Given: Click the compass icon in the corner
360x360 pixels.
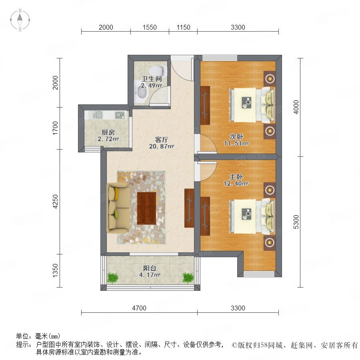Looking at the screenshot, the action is (x=20, y=20).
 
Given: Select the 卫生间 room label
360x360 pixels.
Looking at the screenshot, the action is (x=152, y=79).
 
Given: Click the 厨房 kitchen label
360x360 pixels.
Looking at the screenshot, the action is (x=108, y=132).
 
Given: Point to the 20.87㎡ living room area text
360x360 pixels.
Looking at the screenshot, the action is (x=162, y=146).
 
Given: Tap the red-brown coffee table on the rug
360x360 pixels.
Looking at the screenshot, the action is (x=146, y=208).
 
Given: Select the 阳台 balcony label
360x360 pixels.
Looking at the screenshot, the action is (x=150, y=268).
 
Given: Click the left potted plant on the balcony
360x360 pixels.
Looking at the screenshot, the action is (x=113, y=278).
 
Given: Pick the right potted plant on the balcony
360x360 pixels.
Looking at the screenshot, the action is (x=188, y=278).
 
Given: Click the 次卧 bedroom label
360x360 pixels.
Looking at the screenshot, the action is (x=236, y=137).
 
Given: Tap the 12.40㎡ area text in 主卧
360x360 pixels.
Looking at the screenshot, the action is (x=236, y=184).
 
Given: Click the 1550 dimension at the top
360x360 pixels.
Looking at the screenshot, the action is (x=150, y=27).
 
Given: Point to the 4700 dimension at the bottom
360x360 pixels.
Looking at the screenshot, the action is (x=139, y=308).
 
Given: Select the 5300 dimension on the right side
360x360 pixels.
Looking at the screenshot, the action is (x=296, y=222).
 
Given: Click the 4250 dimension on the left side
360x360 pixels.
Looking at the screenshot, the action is (x=55, y=202).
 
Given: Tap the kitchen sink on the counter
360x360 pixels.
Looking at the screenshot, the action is (x=97, y=114).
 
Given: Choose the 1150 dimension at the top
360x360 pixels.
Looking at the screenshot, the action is (x=184, y=27).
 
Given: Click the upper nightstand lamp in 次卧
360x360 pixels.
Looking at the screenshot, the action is (x=270, y=79).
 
